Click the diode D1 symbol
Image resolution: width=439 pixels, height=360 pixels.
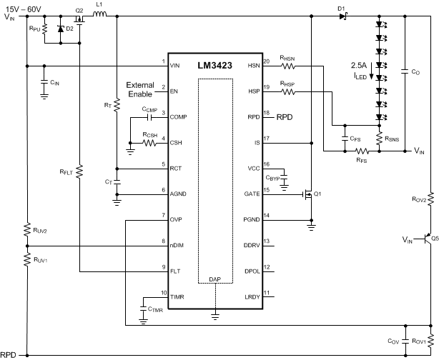341,16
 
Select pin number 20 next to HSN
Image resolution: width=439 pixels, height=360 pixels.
267,61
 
